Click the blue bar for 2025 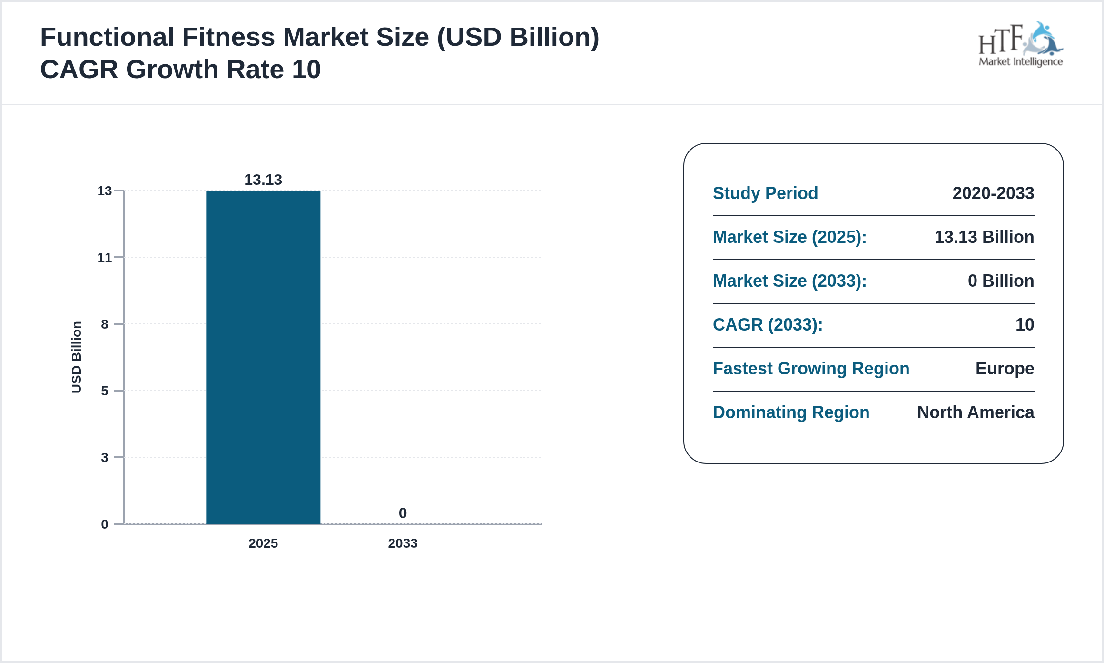click(263, 357)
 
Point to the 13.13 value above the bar click(263, 180)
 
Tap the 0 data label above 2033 click(403, 513)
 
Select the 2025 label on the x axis click(263, 543)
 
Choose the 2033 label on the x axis click(403, 543)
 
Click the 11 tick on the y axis click(105, 258)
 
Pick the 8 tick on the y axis click(105, 324)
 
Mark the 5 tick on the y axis click(105, 391)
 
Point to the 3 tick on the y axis click(105, 458)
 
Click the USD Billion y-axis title click(77, 357)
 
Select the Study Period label click(765, 193)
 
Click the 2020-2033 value click(993, 193)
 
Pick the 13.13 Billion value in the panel click(984, 237)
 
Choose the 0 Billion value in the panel click(1001, 281)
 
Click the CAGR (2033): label click(768, 325)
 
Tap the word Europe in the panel click(1005, 369)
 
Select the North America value click(976, 412)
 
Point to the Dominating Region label click(791, 412)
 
